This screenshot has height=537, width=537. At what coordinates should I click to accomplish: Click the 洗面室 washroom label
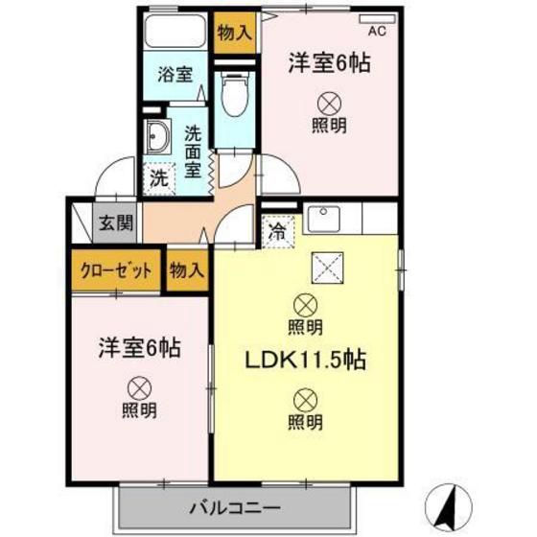[x=194, y=152]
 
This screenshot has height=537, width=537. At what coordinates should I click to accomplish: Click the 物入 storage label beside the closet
[x=186, y=269]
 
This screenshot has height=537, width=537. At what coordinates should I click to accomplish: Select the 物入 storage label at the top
[x=234, y=31]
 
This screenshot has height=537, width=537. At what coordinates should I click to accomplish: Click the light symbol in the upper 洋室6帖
[x=329, y=102]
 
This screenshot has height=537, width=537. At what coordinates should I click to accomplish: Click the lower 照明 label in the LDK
[x=304, y=421]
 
